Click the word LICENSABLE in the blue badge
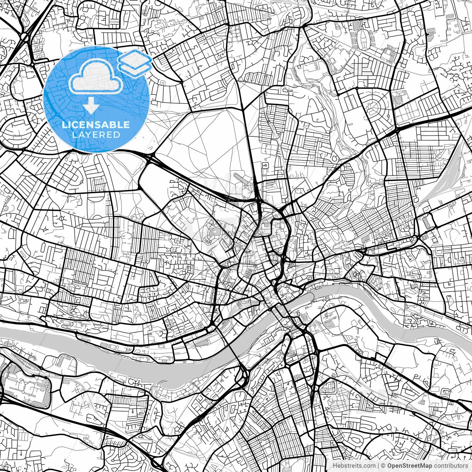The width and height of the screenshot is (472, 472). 96,125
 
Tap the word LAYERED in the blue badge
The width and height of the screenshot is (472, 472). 96,135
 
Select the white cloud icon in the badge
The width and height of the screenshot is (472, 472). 96,76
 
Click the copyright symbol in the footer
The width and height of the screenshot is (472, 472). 383,466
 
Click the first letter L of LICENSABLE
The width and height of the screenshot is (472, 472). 64,125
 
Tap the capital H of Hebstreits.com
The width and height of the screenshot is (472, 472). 334,466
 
